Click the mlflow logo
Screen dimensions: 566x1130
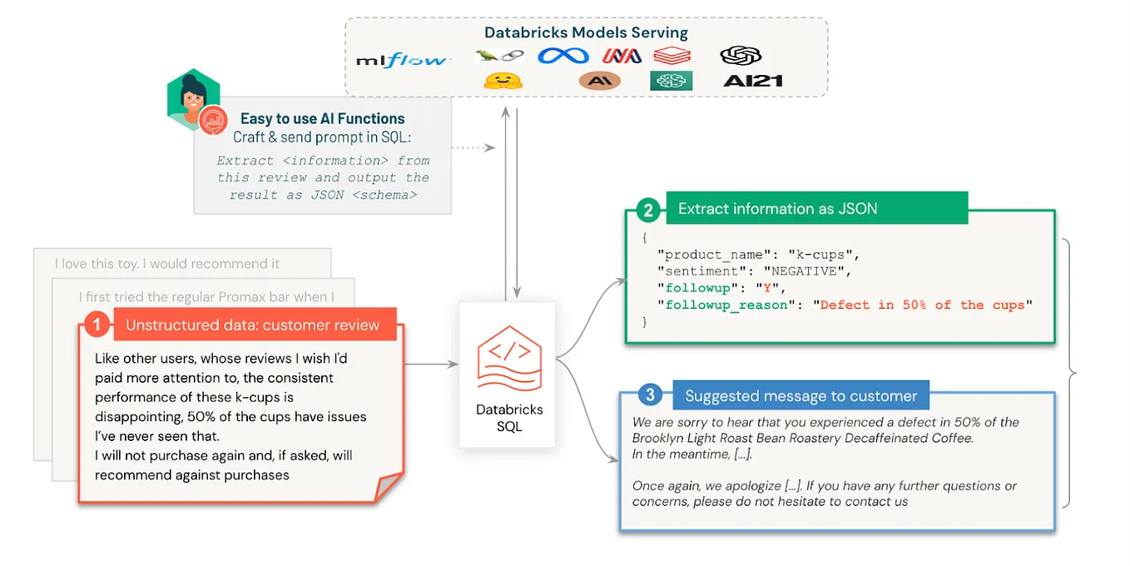click(403, 60)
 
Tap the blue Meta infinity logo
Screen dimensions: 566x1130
click(563, 56)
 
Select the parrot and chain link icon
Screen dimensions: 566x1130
click(499, 56)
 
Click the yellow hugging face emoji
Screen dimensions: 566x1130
click(503, 81)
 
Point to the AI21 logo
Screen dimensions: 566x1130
click(752, 81)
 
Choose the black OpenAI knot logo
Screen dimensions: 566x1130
click(741, 55)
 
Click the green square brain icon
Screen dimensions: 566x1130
click(671, 81)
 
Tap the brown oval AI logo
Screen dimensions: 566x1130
click(599, 81)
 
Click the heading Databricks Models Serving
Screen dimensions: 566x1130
click(586, 33)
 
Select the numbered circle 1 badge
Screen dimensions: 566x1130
click(97, 325)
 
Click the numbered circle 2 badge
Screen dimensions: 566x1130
click(647, 209)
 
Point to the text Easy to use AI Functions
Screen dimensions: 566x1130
click(322, 119)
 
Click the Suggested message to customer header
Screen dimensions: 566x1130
click(800, 395)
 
